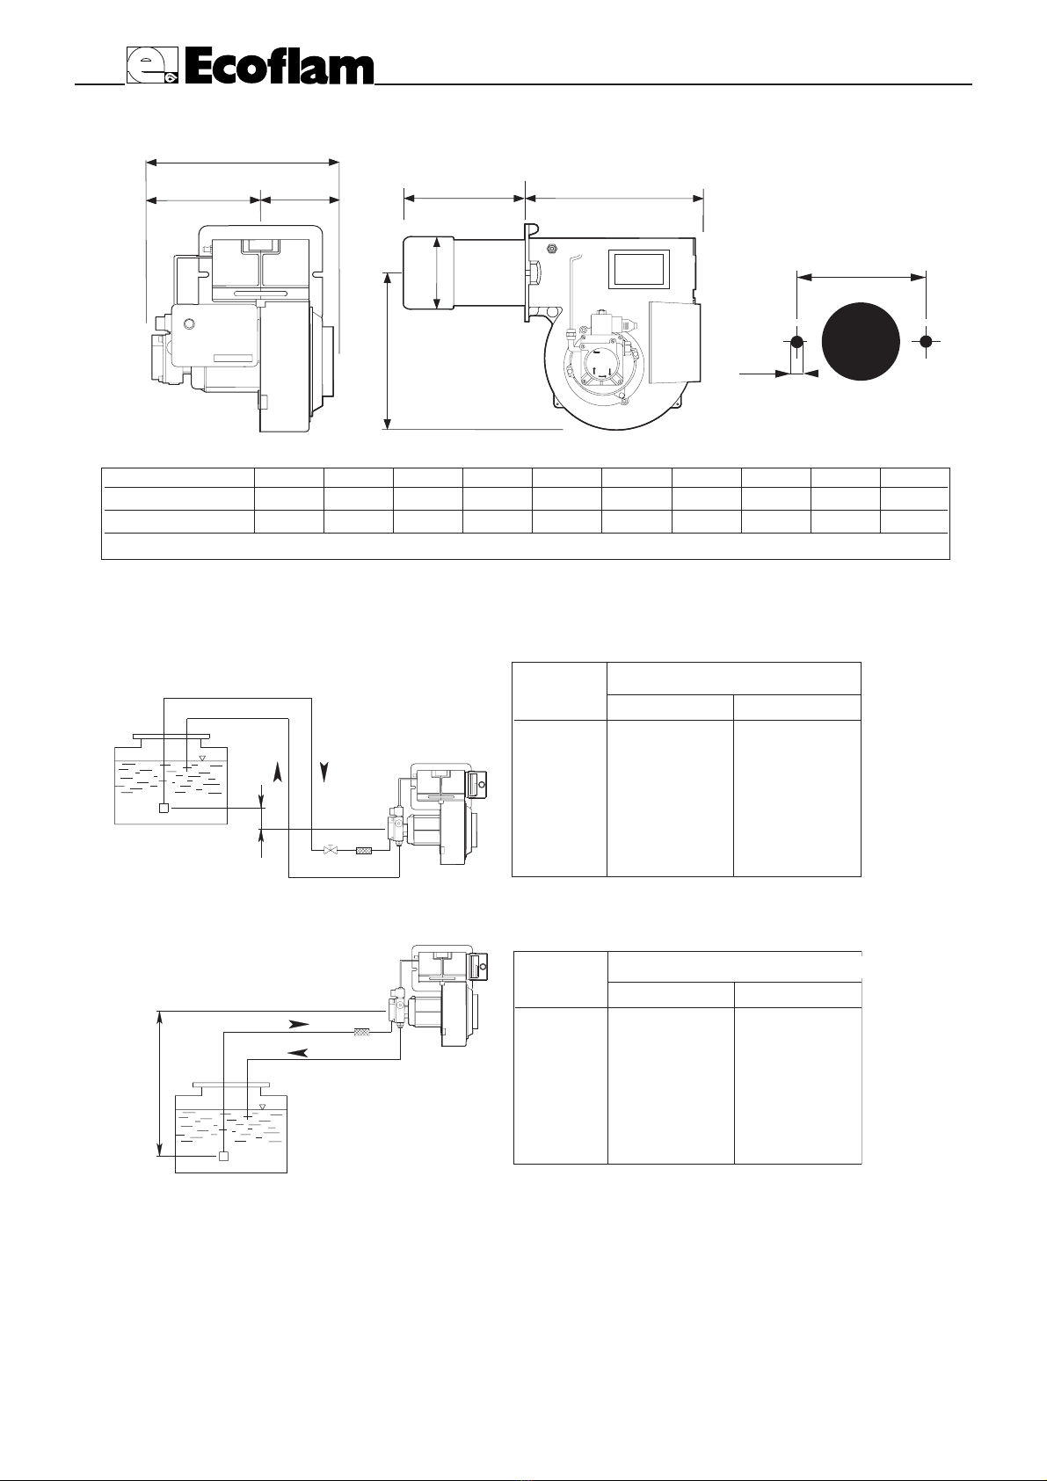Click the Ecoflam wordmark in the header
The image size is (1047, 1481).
tap(279, 68)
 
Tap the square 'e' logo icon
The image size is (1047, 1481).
tap(152, 66)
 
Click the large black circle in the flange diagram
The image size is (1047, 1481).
tap(861, 341)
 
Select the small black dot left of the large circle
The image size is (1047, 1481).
tap(797, 342)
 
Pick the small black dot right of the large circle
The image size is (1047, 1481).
tap(926, 341)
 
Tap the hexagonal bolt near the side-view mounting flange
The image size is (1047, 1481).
tap(551, 249)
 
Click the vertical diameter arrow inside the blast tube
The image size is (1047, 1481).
tap(437, 273)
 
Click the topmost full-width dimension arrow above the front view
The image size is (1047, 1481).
tap(242, 162)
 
